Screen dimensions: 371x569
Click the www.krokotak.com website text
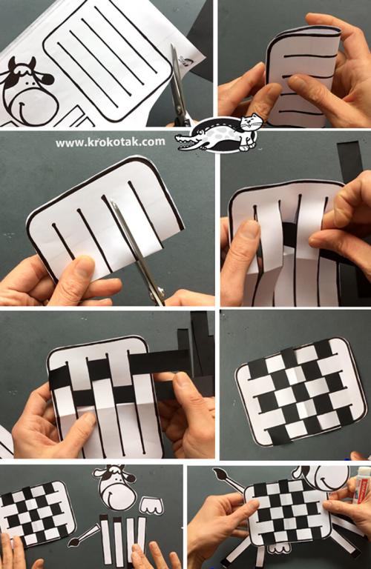110,142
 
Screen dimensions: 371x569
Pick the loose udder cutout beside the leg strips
151,505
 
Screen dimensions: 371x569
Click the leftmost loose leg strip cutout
105,542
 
